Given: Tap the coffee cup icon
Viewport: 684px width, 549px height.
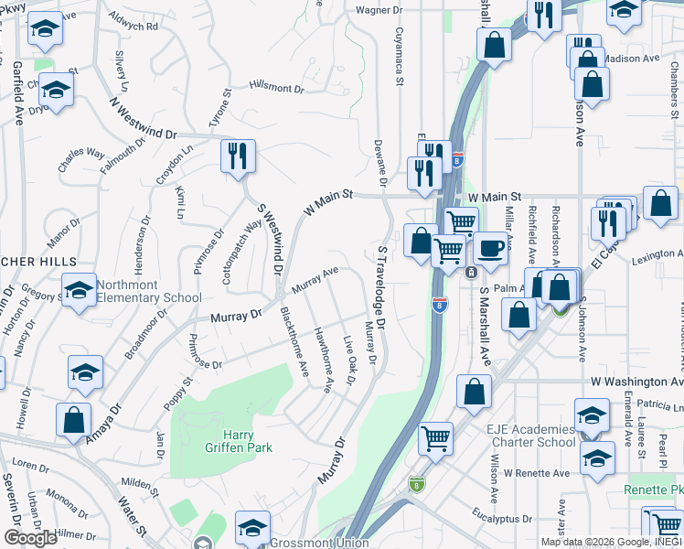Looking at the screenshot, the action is click(x=490, y=248).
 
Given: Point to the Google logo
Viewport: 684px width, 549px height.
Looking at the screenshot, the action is click(x=30, y=538).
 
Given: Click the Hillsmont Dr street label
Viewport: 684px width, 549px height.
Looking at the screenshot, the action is click(x=275, y=88).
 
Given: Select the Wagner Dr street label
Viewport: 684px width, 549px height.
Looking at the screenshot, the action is click(x=379, y=10).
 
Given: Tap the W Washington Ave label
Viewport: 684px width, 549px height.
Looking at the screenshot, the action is click(x=636, y=381).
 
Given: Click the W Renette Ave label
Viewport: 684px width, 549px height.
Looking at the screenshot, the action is click(x=529, y=473).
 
